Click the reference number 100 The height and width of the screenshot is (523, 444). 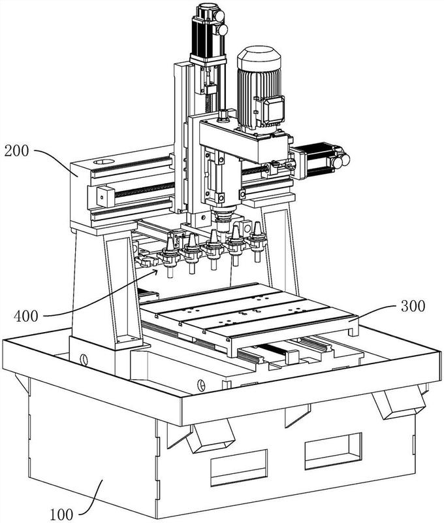(61, 514)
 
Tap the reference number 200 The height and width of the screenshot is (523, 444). (17, 151)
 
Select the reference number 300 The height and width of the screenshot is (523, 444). (413, 306)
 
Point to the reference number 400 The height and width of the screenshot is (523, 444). (26, 316)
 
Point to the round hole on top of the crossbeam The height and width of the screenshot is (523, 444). (104, 162)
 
